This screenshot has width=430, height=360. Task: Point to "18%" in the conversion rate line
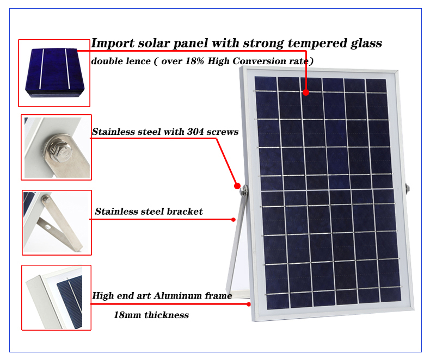195,61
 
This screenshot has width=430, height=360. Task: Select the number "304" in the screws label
195,132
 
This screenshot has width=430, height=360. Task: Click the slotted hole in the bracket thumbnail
48,227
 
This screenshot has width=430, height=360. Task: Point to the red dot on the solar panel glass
306,92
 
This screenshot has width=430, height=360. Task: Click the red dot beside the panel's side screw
237,186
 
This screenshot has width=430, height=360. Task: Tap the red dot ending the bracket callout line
234,220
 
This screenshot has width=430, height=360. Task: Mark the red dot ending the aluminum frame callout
249,304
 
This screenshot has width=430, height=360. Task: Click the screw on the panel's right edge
408,189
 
